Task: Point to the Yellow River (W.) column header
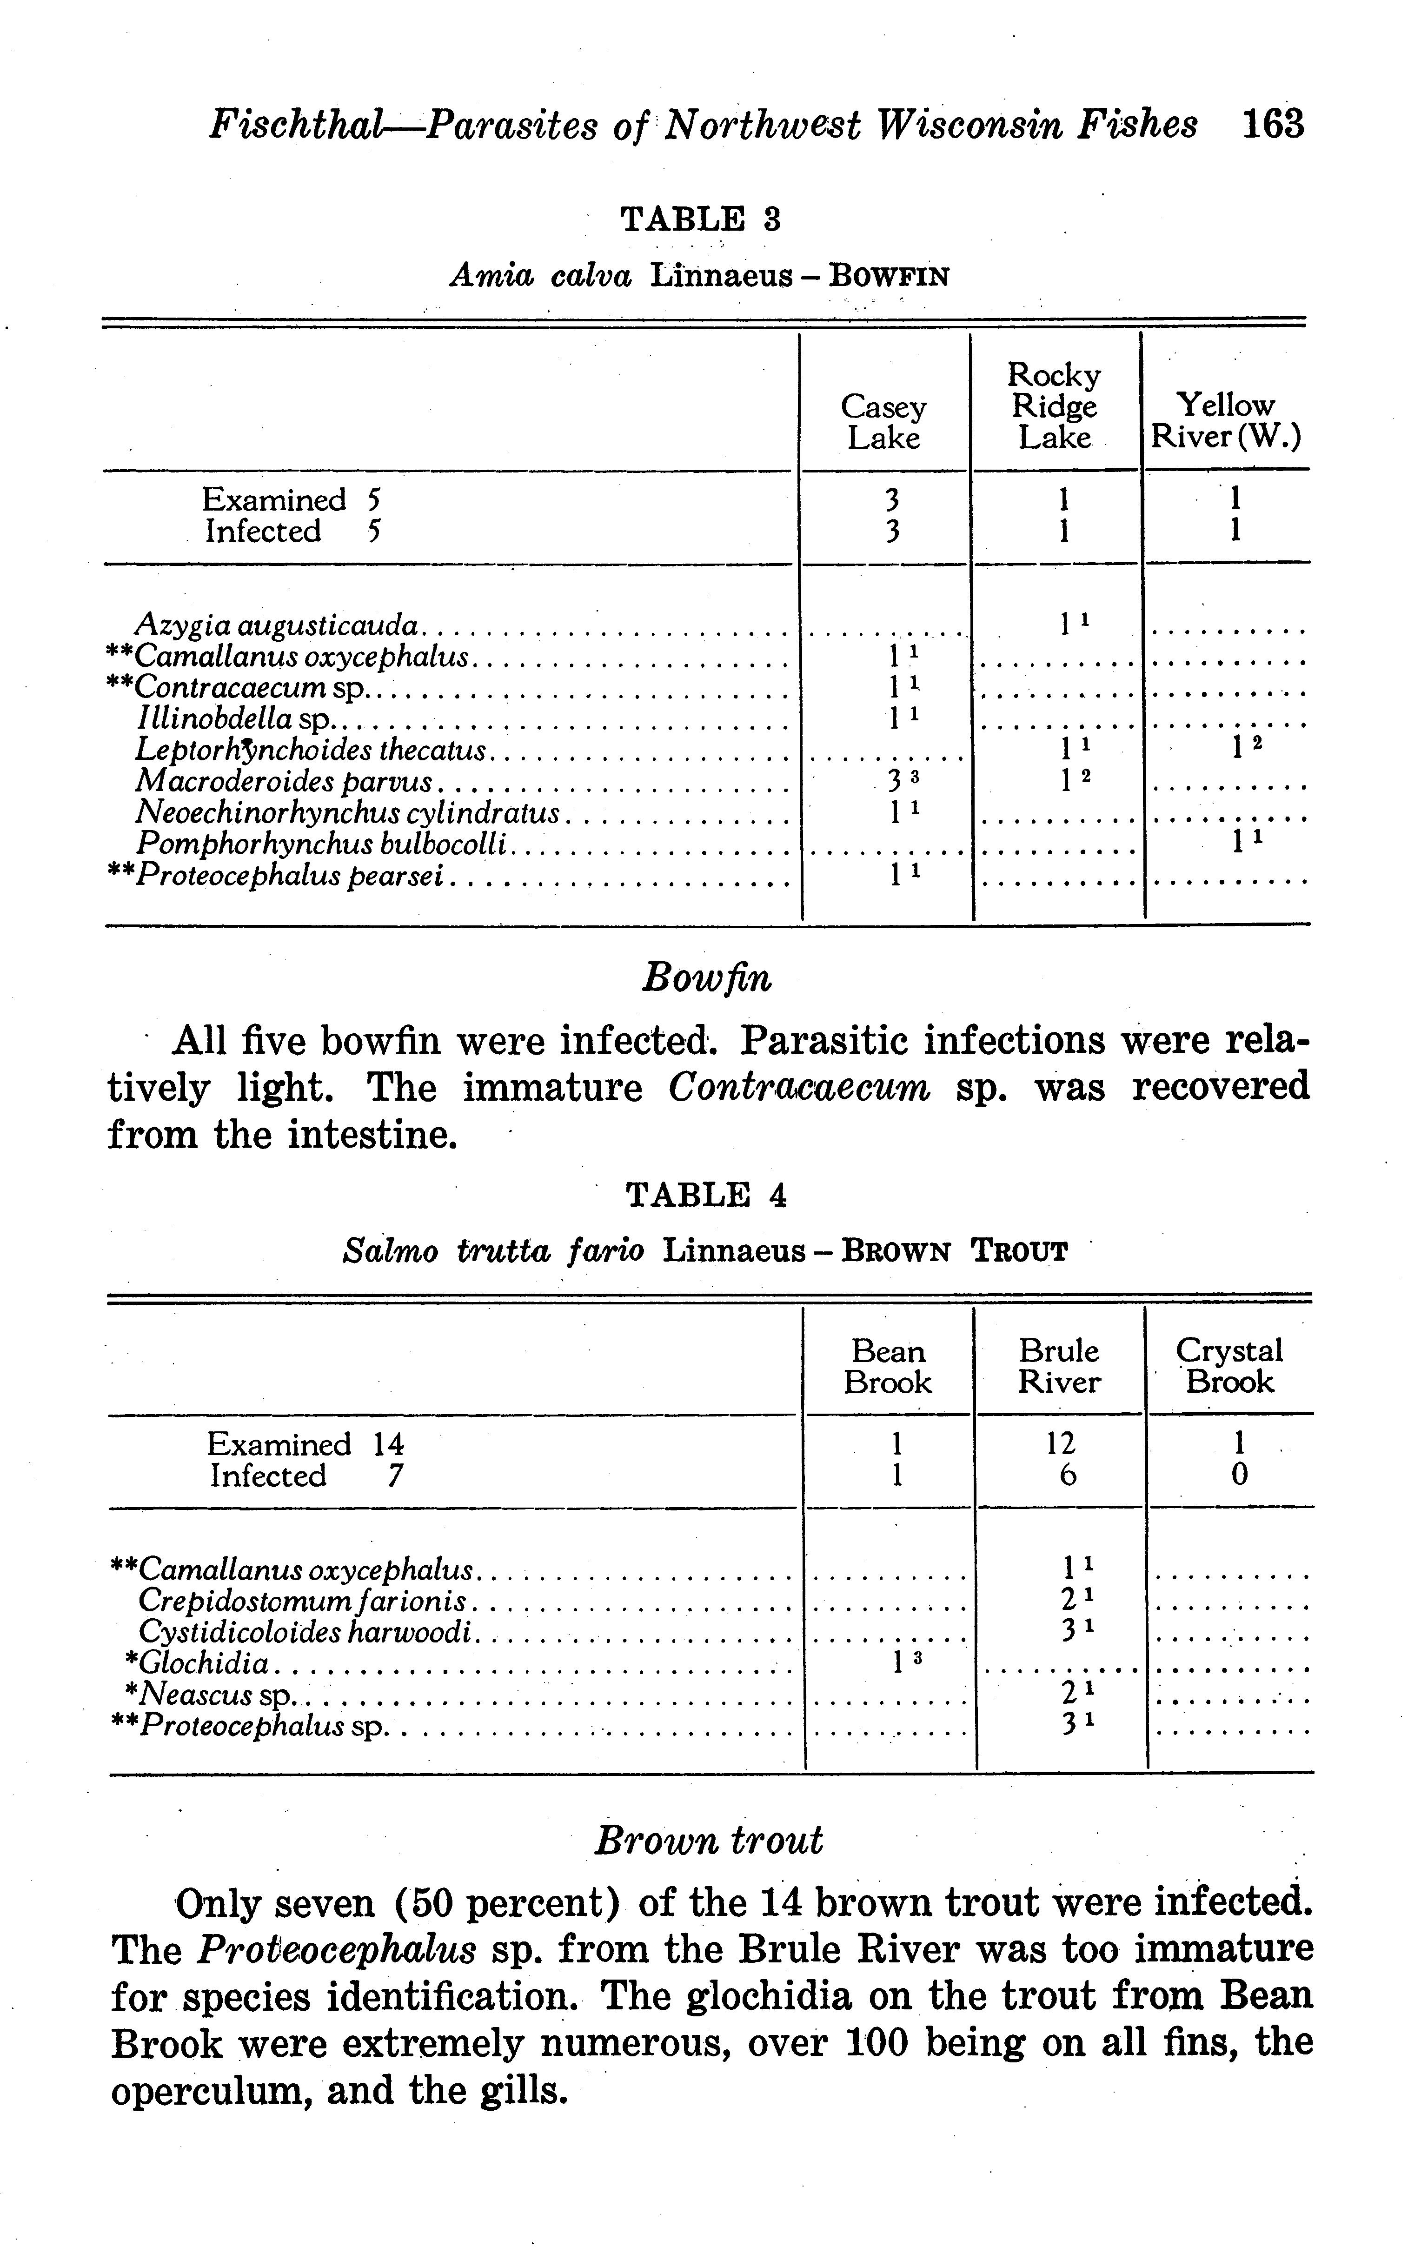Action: tap(1226, 421)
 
